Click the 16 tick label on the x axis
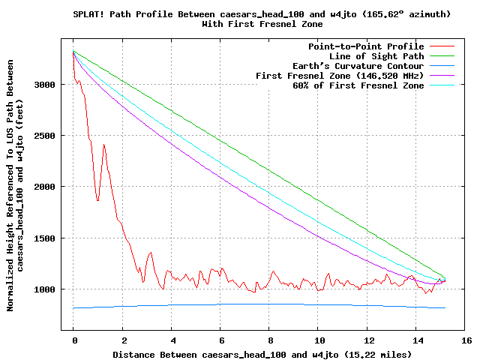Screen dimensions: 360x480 pos(465,340)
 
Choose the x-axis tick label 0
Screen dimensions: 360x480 pos(73,340)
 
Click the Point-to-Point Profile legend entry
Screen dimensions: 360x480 pos(366,46)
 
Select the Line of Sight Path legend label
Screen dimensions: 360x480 pos(376,56)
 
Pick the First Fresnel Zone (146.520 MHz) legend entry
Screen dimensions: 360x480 pos(340,76)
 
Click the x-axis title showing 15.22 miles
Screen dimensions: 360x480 pos(262,353)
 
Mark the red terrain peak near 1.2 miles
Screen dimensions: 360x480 pos(103,144)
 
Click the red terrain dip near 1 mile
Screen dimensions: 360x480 pos(97,200)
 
